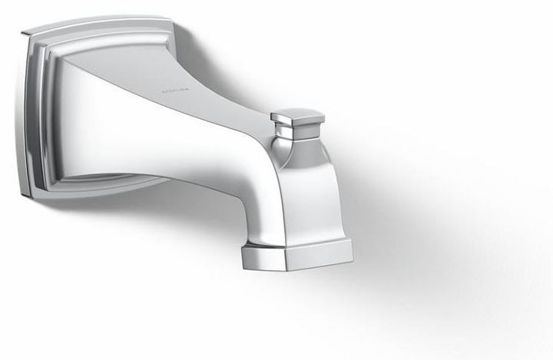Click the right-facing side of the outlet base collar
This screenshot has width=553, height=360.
(323, 257)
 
